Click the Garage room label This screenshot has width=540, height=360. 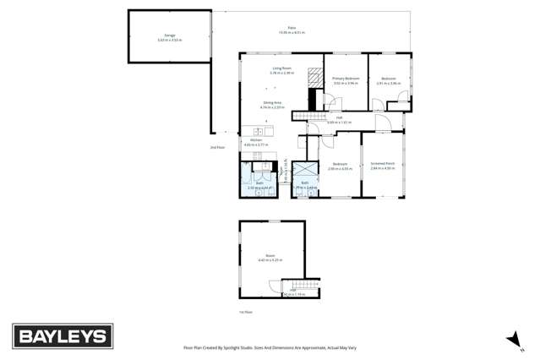[169, 37]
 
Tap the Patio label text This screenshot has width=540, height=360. [292, 30]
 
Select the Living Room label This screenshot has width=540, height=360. [281, 70]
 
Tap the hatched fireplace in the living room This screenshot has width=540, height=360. [315, 77]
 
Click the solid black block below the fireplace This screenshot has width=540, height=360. [312, 99]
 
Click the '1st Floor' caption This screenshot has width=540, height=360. [246, 312]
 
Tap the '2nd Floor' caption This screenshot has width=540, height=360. [217, 147]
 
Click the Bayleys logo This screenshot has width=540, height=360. [62, 335]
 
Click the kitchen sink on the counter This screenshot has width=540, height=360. [255, 131]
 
